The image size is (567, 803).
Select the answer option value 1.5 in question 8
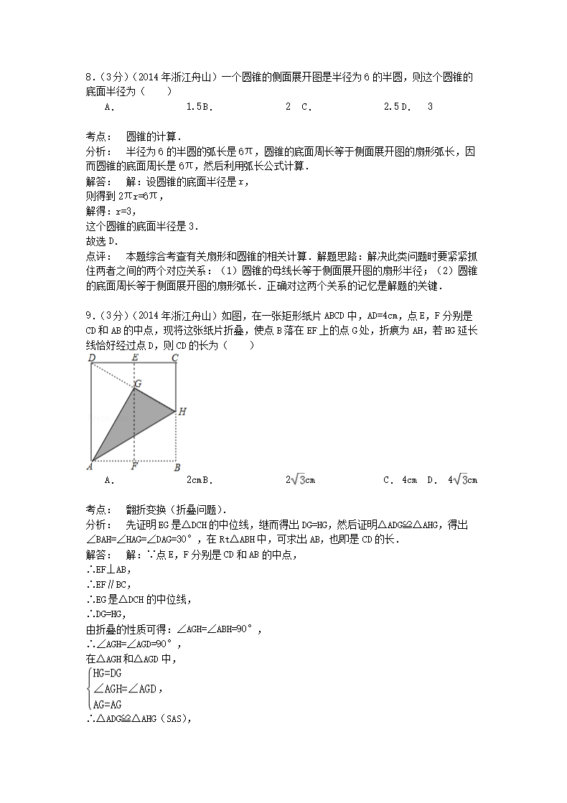[x=192, y=107]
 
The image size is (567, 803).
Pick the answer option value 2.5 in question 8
[x=390, y=107]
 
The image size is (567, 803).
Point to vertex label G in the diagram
[x=139, y=383]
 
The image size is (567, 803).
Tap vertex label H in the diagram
[x=182, y=411]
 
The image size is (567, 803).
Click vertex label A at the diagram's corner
[x=89, y=467]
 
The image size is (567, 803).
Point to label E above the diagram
[x=135, y=357]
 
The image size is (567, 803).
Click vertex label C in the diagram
[x=174, y=357]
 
